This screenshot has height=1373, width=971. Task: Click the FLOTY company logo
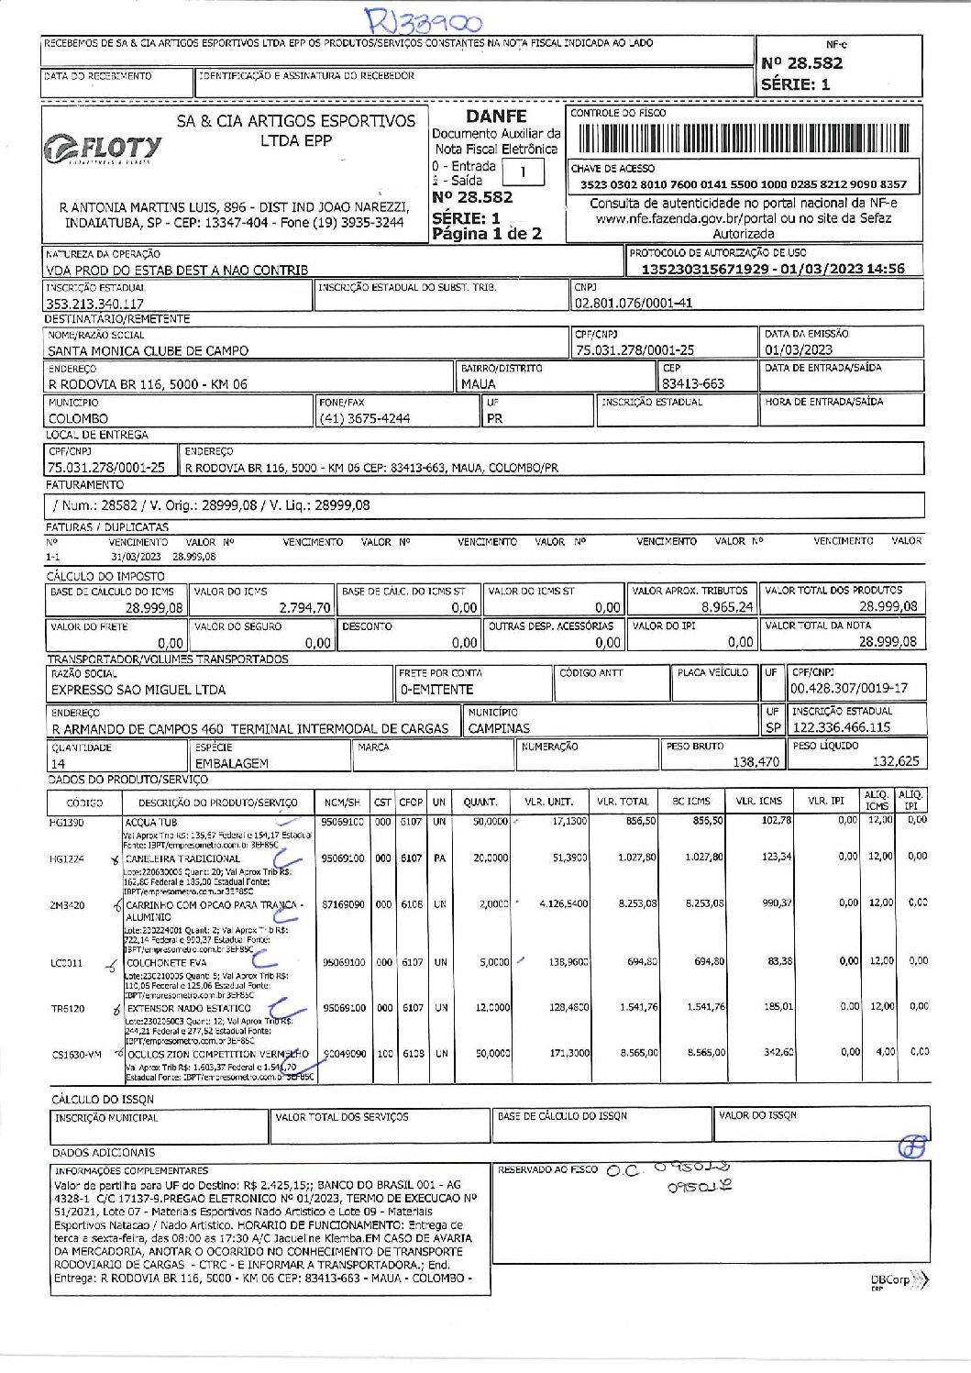[x=103, y=149]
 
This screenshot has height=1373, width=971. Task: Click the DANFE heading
[x=496, y=116]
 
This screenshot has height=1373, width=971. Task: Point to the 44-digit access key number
[x=743, y=184]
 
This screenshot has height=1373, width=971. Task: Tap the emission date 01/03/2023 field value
[x=799, y=349]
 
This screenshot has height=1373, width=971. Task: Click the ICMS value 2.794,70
[x=304, y=607]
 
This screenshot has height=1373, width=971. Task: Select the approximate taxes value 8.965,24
[x=727, y=607]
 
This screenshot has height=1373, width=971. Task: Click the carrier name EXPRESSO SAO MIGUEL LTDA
[x=138, y=690]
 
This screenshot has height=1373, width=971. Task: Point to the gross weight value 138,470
[x=756, y=761]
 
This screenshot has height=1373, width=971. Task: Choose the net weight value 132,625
[x=895, y=761]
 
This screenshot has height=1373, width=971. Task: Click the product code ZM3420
[x=67, y=906]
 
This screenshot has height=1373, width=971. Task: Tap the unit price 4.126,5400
[x=564, y=903]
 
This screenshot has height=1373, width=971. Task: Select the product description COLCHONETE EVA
[x=166, y=963]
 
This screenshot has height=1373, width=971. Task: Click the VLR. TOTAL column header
[x=623, y=802]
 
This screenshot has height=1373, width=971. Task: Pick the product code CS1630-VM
[x=76, y=1055]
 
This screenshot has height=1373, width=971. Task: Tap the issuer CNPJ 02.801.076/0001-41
[x=634, y=303]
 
